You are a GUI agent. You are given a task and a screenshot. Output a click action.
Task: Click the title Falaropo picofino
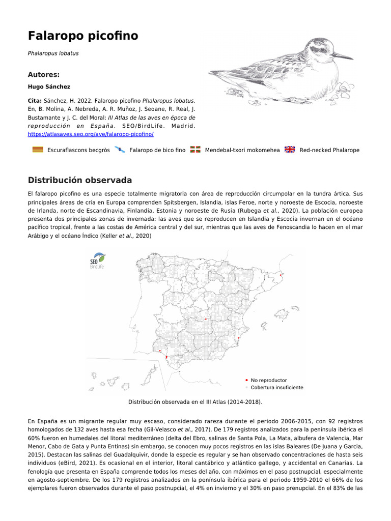click(x=83, y=36)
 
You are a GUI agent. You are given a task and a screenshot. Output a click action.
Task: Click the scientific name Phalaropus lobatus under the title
click(x=53, y=53)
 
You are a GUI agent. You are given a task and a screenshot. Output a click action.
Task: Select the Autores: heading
click(x=44, y=74)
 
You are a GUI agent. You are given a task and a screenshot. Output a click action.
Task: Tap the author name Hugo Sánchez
click(x=49, y=86)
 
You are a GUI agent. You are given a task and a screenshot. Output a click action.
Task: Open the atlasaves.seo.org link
click(x=91, y=134)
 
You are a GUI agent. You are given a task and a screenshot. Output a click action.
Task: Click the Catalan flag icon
click(x=37, y=150)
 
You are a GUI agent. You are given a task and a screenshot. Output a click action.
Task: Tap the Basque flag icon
click(x=195, y=150)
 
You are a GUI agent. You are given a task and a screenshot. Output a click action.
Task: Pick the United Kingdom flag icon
click(x=290, y=150)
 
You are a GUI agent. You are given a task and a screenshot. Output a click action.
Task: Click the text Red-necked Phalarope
click(x=329, y=150)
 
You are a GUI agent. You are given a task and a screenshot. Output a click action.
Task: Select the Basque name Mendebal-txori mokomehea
click(x=242, y=150)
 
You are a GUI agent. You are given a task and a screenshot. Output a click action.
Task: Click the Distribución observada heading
click(x=80, y=180)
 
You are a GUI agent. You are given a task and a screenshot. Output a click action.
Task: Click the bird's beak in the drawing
click(x=343, y=56)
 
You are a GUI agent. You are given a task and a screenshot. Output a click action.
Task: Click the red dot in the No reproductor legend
click(x=246, y=380)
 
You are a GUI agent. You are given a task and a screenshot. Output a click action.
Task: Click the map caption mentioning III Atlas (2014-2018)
click(x=195, y=402)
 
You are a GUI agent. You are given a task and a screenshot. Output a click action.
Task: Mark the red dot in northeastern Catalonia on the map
click(x=282, y=275)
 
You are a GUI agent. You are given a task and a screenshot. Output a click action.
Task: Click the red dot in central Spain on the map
click(x=206, y=319)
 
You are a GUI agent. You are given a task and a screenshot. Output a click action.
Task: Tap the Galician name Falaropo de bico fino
click(x=157, y=150)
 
